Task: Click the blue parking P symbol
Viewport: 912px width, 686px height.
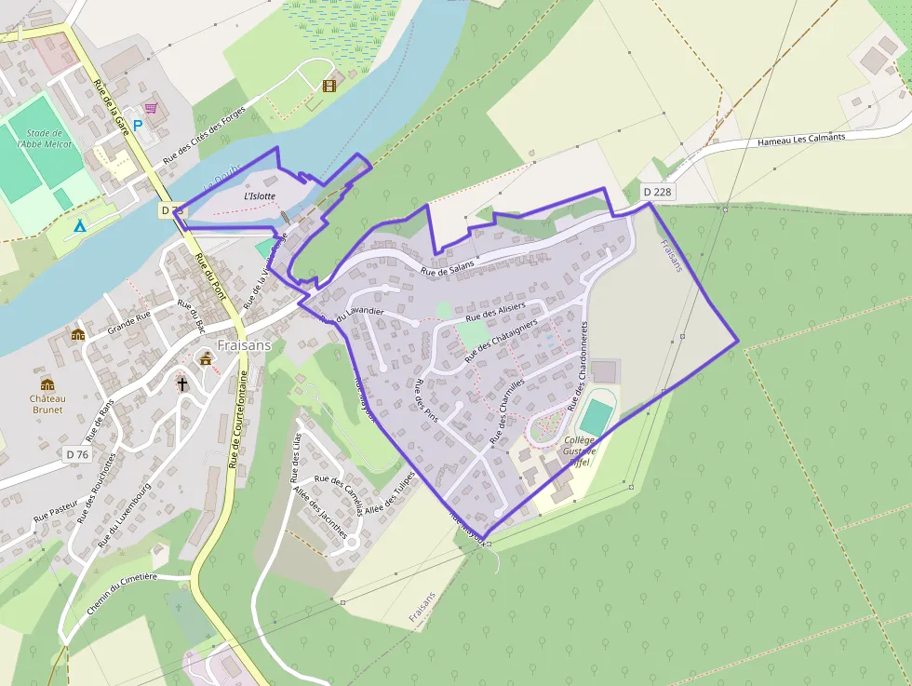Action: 138,125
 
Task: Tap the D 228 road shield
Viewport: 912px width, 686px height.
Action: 657,192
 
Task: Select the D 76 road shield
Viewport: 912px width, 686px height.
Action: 77,454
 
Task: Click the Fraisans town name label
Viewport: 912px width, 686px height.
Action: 244,344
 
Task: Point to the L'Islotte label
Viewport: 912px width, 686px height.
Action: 260,196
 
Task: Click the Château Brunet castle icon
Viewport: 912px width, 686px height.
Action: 47,384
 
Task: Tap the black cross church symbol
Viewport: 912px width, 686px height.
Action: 183,383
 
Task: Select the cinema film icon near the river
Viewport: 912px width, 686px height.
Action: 329,87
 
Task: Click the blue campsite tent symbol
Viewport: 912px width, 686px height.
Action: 80,225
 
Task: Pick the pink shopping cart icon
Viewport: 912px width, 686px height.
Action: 151,109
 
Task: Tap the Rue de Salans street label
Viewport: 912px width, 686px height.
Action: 447,267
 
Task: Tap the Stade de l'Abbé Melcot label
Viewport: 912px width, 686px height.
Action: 45,139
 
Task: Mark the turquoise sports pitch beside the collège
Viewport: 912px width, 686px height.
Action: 597,413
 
